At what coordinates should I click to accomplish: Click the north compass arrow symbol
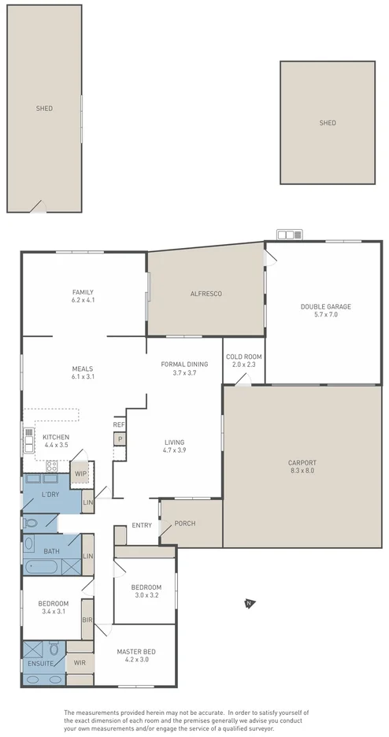(248, 604)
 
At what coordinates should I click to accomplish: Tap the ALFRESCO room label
(206, 294)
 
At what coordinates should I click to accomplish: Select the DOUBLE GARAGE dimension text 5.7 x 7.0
(325, 315)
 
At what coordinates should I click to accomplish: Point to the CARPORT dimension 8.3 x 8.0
(302, 471)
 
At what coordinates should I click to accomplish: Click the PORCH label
(185, 524)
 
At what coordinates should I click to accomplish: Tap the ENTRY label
(142, 525)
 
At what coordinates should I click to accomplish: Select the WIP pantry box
(80, 474)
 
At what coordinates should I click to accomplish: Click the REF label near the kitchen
(119, 424)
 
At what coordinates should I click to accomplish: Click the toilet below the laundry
(30, 522)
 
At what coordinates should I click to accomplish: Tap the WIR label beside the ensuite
(80, 663)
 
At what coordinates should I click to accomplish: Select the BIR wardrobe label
(87, 620)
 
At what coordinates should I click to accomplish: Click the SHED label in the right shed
(327, 123)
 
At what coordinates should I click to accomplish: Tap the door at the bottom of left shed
(36, 207)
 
